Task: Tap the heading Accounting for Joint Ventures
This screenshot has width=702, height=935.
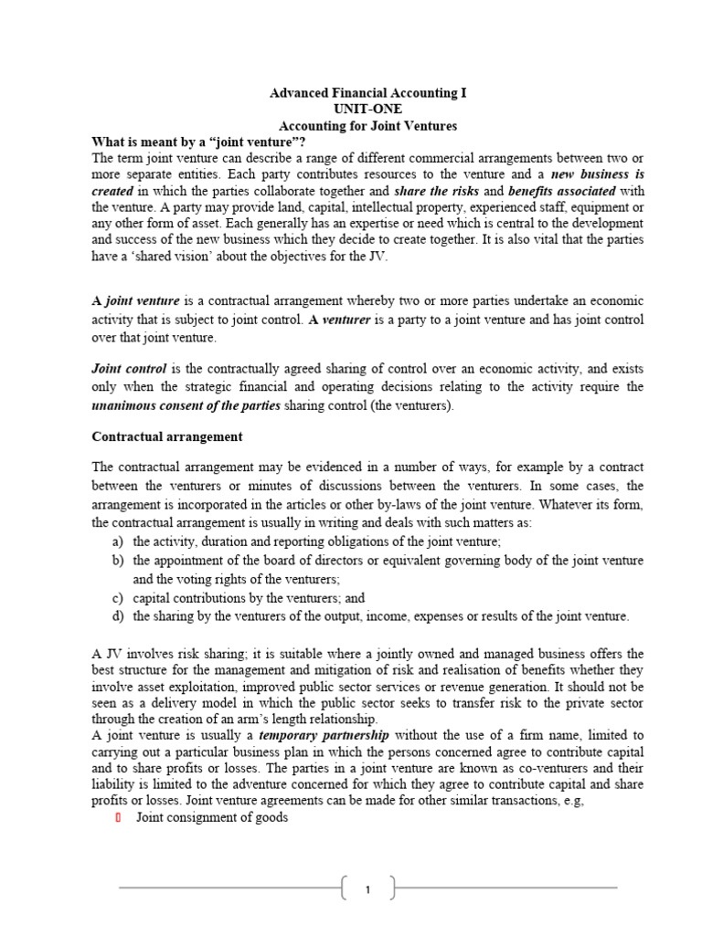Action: point(367,125)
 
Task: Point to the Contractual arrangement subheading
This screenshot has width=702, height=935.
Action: point(167,436)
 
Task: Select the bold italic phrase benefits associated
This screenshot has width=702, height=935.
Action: point(562,191)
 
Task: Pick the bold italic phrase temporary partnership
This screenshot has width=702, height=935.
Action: point(324,735)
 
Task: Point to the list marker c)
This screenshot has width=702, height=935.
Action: point(117,598)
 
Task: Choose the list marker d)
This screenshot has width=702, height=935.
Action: point(117,616)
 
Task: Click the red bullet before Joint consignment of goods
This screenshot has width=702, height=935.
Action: point(118,818)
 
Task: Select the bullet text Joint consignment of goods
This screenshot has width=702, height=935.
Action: point(212,818)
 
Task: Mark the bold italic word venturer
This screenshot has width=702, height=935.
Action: point(346,320)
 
